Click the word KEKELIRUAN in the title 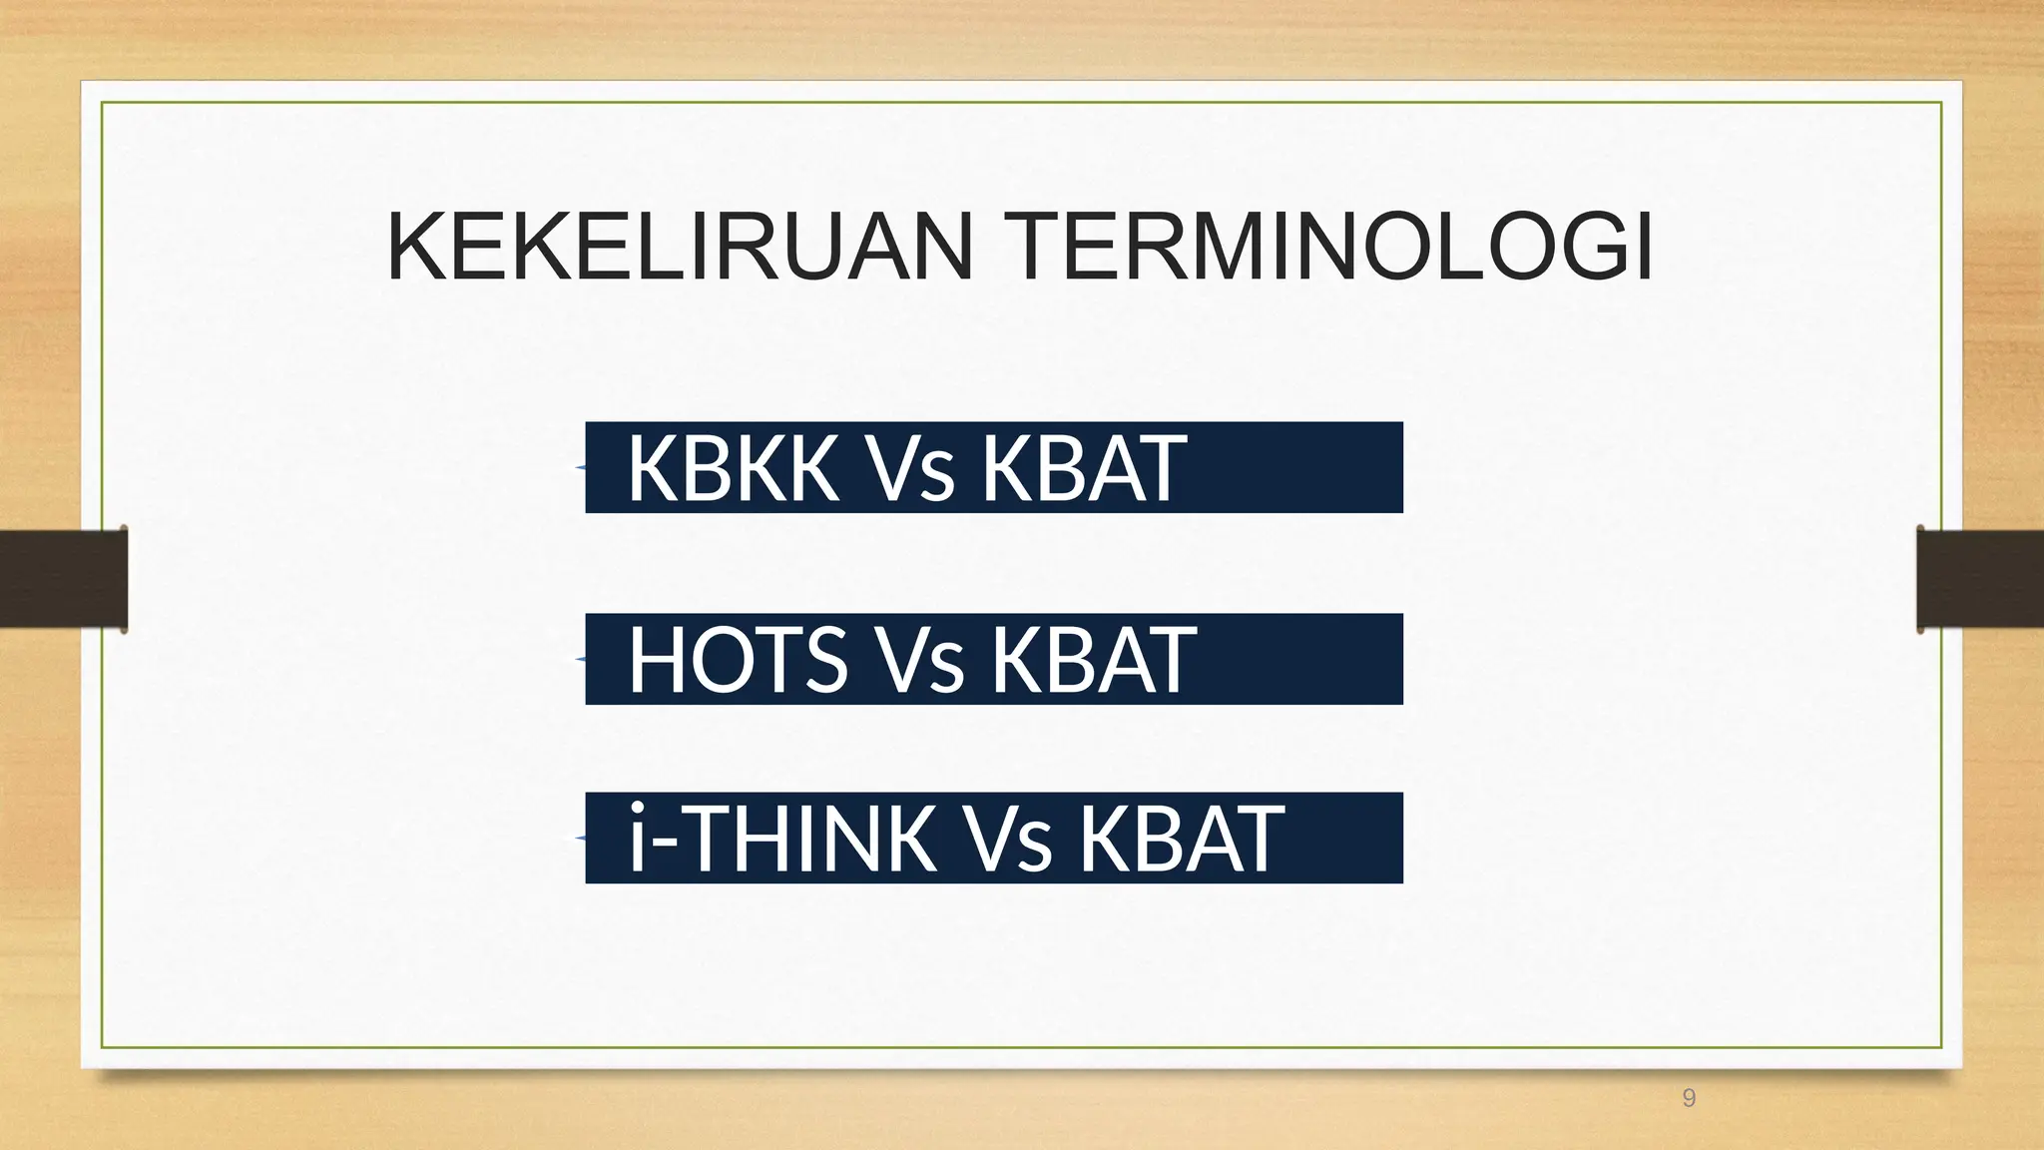point(679,248)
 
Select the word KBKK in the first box point(733,468)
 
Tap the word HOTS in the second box point(738,660)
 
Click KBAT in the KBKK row point(1084,468)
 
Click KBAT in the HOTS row point(1092,660)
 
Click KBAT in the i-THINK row point(1182,839)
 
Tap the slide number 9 point(1689,1099)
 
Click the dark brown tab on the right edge point(1980,579)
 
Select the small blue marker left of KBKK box point(580,467)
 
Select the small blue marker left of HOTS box point(580,659)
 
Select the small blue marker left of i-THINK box point(580,839)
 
